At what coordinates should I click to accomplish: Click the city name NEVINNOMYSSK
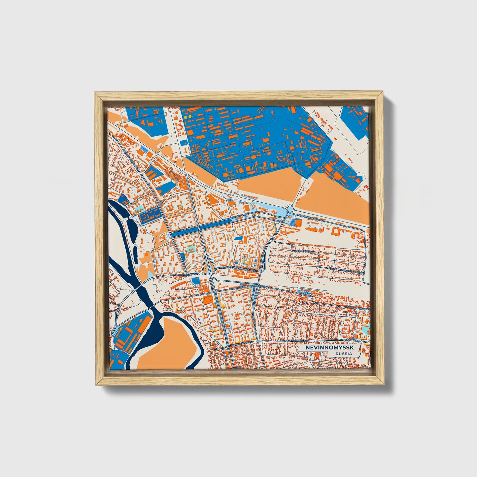(329, 348)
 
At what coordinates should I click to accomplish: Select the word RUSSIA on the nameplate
(343, 354)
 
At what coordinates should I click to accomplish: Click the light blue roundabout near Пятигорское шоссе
(290, 209)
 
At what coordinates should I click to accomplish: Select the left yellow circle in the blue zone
(186, 117)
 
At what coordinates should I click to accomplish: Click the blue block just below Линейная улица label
(195, 281)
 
